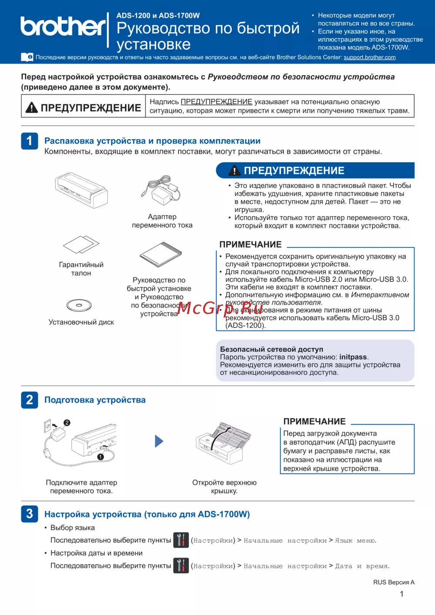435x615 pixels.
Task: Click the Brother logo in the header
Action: (63, 27)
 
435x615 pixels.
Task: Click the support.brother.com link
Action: (370, 57)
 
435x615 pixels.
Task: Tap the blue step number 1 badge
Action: (30, 141)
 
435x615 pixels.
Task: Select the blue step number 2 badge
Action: (30, 400)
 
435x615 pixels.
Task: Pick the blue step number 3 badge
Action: (30, 514)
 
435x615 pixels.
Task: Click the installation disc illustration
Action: (79, 305)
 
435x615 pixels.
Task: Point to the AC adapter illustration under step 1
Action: (161, 190)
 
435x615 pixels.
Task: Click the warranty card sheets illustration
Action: (81, 244)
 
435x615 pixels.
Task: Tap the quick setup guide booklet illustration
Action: (161, 254)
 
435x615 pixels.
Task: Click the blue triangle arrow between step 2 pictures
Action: (159, 441)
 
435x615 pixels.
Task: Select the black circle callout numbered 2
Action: (67, 422)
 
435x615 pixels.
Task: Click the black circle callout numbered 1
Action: (100, 456)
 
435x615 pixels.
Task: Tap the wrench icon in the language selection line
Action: (181, 540)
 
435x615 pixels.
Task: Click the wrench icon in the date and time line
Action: (181, 565)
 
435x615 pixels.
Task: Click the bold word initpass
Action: (353, 357)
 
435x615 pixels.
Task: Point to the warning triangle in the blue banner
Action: (234, 170)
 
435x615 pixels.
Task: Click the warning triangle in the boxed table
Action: (32, 107)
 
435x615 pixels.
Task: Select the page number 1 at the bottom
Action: (402, 594)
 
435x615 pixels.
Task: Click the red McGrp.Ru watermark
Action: (220, 309)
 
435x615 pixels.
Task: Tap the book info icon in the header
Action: (27, 57)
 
